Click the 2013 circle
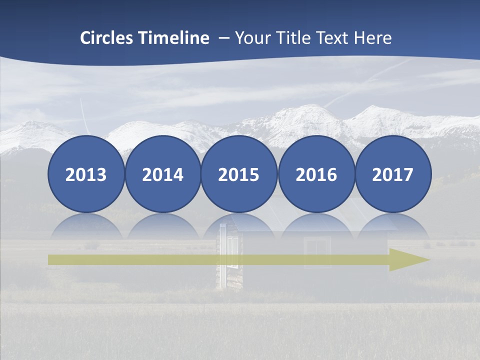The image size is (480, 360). click(86, 174)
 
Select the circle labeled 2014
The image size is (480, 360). click(163, 174)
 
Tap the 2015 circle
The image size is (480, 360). click(239, 174)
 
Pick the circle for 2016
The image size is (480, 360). click(316, 174)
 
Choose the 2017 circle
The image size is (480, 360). click(392, 174)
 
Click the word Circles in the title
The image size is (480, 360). click(107, 38)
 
